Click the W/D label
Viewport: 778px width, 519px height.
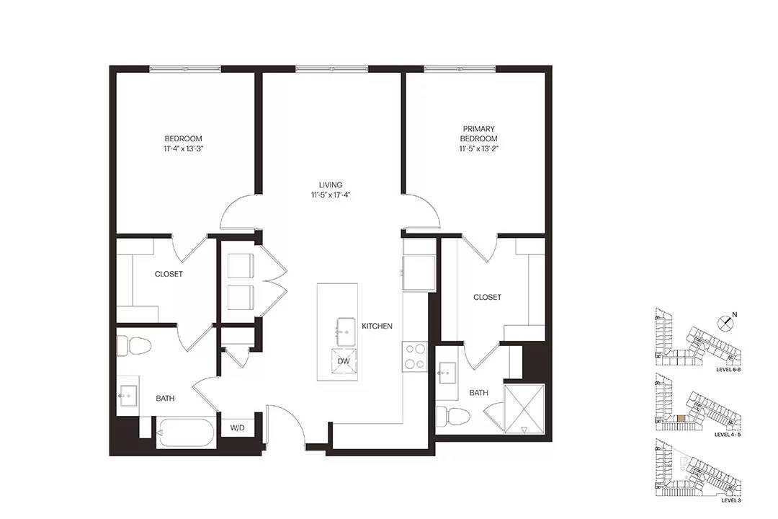click(238, 428)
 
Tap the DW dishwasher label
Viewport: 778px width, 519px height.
click(344, 361)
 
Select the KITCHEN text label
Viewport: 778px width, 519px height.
click(377, 326)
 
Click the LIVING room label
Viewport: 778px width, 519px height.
click(331, 185)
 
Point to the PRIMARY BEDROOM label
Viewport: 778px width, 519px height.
click(479, 133)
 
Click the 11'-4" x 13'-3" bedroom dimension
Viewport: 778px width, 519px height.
click(184, 148)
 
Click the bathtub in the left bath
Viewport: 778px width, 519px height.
click(186, 433)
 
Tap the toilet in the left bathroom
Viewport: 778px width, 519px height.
click(134, 346)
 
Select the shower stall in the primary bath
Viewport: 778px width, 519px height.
click(524, 408)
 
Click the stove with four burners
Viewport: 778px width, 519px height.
click(416, 357)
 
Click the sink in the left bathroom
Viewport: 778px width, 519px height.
click(128, 396)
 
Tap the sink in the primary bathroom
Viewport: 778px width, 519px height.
click(447, 371)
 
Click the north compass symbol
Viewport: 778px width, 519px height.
click(726, 322)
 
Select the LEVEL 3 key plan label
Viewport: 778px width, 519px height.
click(731, 501)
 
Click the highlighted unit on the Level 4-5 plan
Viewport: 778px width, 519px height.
click(681, 419)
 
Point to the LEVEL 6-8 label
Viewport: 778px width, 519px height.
click(728, 370)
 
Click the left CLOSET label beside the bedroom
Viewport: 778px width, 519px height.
click(169, 274)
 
